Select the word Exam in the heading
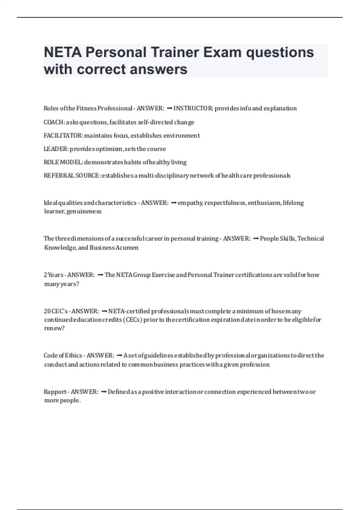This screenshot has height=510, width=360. [222, 52]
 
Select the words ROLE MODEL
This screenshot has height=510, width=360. [63, 162]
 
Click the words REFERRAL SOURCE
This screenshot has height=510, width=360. [71, 175]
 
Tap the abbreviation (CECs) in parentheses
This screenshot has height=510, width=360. [132, 320]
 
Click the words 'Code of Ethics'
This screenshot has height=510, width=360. [63, 355]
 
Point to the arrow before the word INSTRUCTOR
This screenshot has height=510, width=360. [169, 108]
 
